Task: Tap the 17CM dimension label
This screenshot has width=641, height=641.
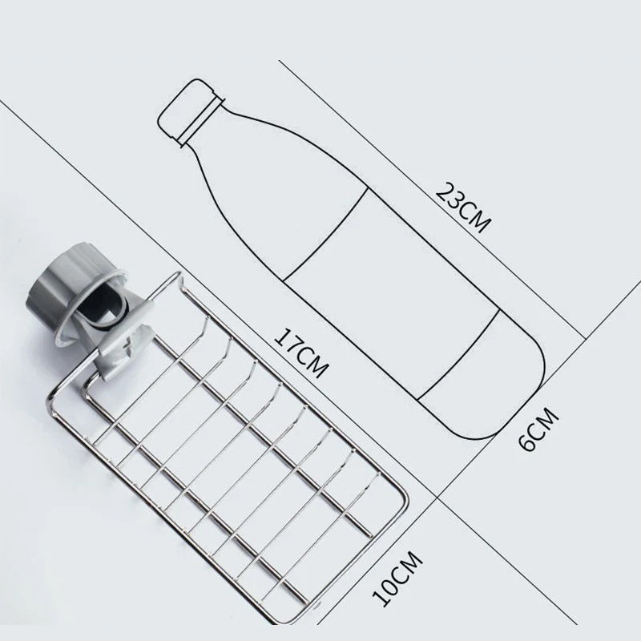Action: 301,353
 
